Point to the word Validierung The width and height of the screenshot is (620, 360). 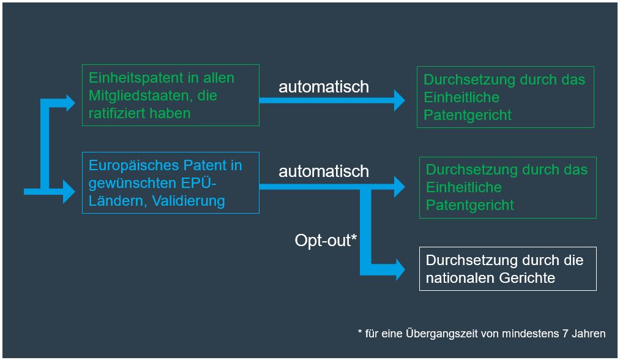tap(189, 201)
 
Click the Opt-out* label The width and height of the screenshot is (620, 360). tap(326, 240)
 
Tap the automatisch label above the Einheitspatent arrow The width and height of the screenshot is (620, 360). tap(324, 87)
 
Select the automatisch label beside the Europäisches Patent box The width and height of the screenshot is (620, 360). tap(324, 171)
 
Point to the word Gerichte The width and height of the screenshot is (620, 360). tap(527, 278)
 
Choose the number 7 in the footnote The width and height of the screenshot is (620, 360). tap(566, 334)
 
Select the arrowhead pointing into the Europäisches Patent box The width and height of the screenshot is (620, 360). tap(69, 192)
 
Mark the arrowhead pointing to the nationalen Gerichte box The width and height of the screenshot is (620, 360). tap(400, 270)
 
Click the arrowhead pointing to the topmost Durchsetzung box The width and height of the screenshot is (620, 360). tap(400, 100)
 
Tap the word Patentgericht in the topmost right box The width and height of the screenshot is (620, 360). tap(468, 115)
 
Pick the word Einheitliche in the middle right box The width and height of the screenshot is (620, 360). tap(464, 187)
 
